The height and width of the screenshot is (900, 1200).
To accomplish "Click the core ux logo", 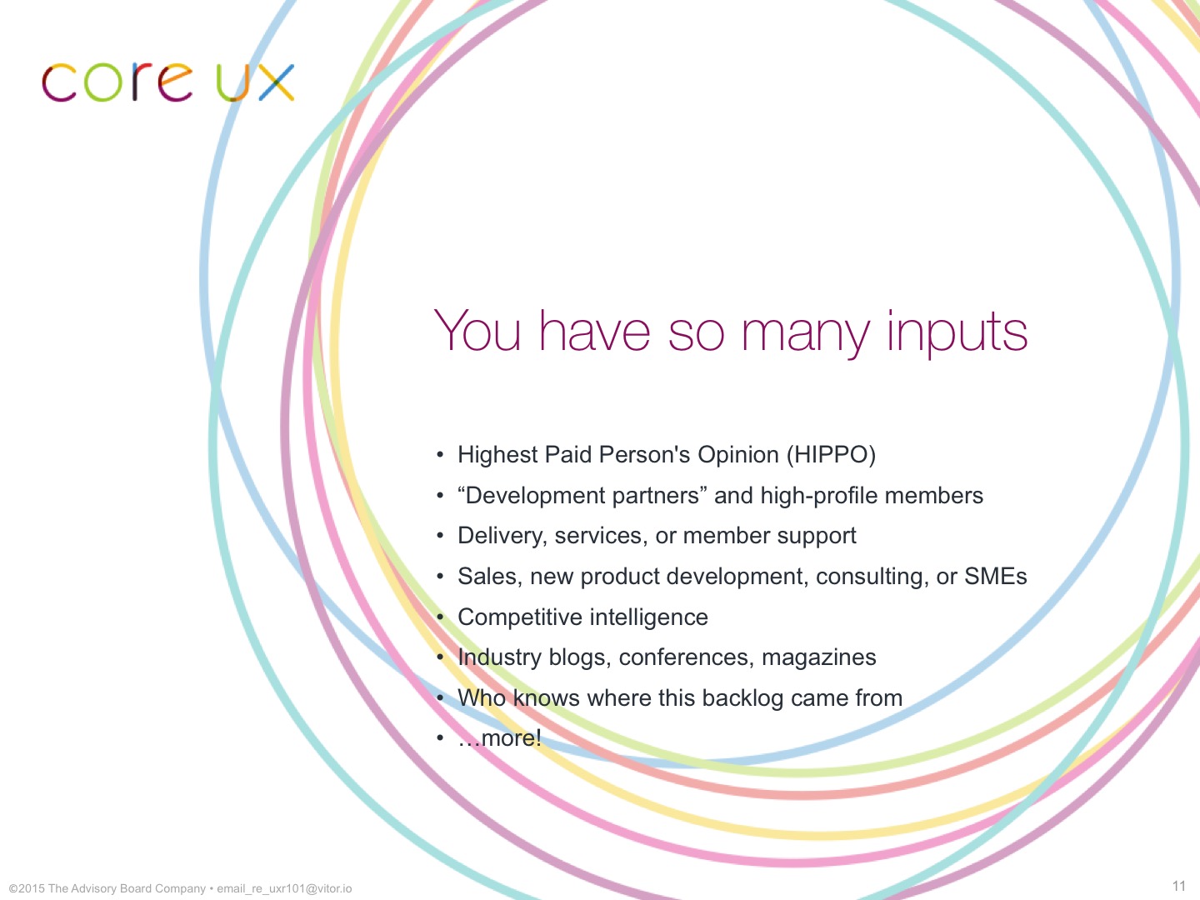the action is (x=168, y=82).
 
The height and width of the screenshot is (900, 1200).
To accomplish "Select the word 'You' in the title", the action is (x=477, y=330).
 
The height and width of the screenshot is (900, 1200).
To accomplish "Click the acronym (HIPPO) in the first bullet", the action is (x=831, y=455).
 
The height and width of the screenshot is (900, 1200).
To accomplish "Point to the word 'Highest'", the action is (x=497, y=455).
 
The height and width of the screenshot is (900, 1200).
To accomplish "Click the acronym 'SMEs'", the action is (x=996, y=576).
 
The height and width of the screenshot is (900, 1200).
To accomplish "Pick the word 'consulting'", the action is (x=872, y=577).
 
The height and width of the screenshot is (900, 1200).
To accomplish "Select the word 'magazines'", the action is (x=818, y=657).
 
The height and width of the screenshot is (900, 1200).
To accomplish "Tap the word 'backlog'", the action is (x=742, y=697).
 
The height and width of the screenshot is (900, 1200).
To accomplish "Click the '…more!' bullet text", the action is (x=500, y=738).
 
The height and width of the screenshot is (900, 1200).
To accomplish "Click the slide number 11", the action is (x=1179, y=886).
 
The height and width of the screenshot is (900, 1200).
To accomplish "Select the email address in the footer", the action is (x=284, y=889).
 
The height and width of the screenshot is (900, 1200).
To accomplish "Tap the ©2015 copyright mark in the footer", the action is (x=26, y=888).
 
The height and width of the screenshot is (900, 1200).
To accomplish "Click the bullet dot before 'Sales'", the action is (x=440, y=577).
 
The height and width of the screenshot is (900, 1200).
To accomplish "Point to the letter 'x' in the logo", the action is (x=277, y=83).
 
